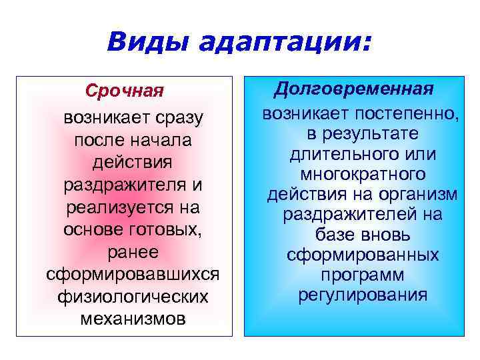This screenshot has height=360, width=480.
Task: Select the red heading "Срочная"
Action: click(124, 90)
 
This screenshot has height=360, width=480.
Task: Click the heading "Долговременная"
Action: click(355, 89)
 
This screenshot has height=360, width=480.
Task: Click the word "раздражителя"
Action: click(117, 184)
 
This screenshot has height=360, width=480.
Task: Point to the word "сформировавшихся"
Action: click(133, 274)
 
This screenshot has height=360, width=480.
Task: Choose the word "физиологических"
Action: click(133, 296)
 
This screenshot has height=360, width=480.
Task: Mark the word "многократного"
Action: click(363, 174)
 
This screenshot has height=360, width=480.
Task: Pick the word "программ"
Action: click(363, 275)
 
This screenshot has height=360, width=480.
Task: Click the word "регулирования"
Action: click(363, 295)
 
